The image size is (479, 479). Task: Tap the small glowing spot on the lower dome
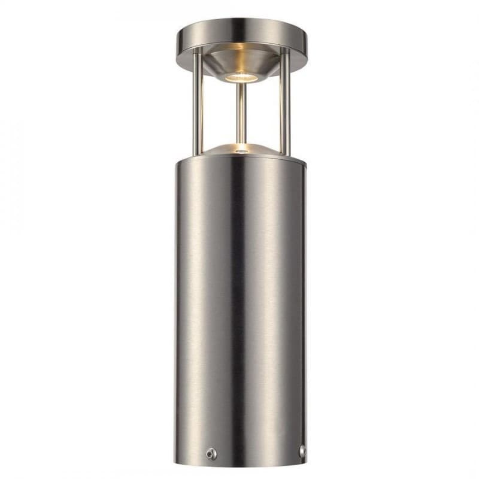pos(241,147)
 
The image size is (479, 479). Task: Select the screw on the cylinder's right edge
pos(302,450)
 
